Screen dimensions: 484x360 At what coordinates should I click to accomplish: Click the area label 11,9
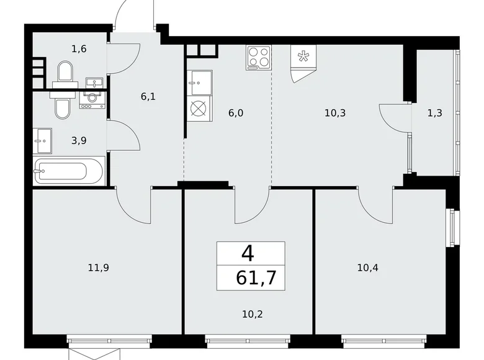[99, 268]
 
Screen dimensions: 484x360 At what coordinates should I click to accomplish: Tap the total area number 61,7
[256, 277]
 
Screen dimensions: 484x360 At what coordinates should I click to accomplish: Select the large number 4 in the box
[248, 254]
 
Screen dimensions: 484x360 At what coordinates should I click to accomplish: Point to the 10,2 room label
[253, 314]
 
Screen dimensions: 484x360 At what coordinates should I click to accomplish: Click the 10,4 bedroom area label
[367, 268]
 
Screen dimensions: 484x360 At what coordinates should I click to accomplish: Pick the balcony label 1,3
[435, 113]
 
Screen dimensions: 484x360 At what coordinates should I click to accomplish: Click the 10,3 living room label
[335, 113]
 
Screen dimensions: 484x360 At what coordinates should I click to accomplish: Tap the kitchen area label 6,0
[236, 113]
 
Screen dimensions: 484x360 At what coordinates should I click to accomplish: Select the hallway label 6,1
[148, 97]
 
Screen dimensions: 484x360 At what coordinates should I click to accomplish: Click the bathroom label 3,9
[79, 140]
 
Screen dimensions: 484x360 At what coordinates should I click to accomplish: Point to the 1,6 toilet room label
[79, 49]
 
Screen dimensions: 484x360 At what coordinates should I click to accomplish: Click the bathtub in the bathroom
[69, 171]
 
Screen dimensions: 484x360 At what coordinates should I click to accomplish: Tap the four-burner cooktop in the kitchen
[259, 58]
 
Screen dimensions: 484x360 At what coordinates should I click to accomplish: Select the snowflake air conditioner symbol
[303, 63]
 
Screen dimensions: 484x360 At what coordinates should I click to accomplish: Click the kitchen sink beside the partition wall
[200, 83]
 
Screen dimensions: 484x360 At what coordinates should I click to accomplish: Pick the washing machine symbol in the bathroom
[92, 99]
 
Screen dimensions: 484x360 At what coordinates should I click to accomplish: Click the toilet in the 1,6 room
[65, 74]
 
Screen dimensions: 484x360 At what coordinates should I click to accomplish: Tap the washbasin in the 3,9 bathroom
[42, 141]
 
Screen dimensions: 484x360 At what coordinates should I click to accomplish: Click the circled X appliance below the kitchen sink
[200, 109]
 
